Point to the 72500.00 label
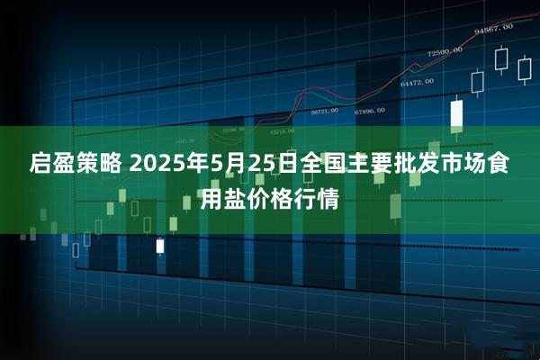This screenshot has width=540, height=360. pyautogui.click(x=445, y=51)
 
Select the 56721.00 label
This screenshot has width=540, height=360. pyautogui.click(x=324, y=112)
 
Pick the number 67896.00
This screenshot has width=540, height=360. pyautogui.click(x=369, y=111)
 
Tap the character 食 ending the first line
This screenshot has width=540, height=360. pyautogui.click(x=505, y=165)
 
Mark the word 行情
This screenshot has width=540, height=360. pyautogui.click(x=321, y=197)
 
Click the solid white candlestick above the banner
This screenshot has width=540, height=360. pyautogui.click(x=455, y=113)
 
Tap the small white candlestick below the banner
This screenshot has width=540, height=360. pyautogui.click(x=160, y=245)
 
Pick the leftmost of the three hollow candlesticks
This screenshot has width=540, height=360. pyautogui.click(x=479, y=81)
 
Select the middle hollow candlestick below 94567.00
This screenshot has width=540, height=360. pyautogui.click(x=501, y=59)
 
